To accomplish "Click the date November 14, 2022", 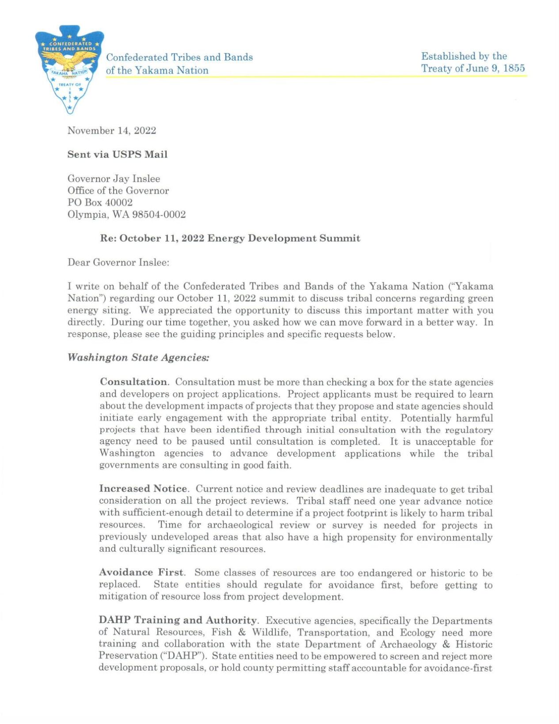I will (x=111, y=131).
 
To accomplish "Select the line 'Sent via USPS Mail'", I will (x=117, y=155).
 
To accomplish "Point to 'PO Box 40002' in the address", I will (x=100, y=203).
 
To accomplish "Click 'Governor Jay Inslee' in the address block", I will (x=114, y=179).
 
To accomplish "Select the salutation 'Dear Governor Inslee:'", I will (x=118, y=263).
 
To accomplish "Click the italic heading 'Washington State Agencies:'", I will (x=138, y=358).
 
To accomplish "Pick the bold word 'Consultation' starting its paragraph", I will (x=133, y=382).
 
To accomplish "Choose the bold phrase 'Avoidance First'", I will (x=142, y=573).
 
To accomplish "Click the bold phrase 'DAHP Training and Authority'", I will (x=178, y=621).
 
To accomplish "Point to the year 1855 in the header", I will (x=514, y=69).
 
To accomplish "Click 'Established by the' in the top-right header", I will (x=464, y=56).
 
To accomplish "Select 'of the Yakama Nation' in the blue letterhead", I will (x=157, y=70).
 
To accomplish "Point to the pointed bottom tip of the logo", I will (x=69, y=112).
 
